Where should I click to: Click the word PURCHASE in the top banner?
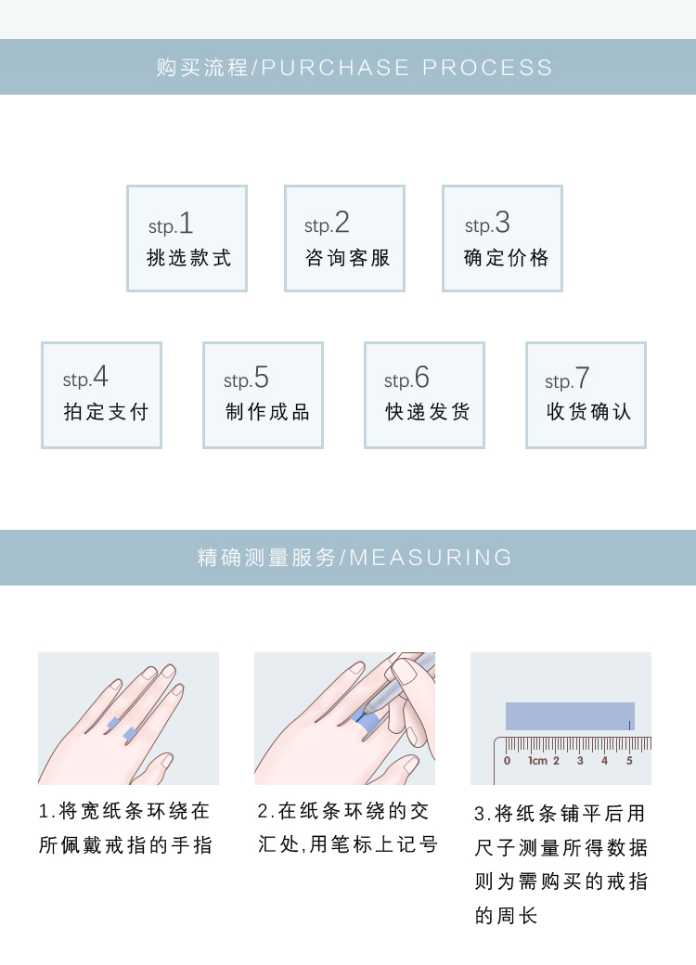pos(335,68)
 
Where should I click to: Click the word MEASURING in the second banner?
pos(431,558)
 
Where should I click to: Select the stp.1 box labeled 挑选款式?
pos(187,238)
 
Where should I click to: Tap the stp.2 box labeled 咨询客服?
pos(344,238)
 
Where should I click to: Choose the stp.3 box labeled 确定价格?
pos(502,238)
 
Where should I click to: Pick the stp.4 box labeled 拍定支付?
pos(101,395)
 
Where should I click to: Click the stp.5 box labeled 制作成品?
pos(263,395)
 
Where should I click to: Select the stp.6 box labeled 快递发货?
pos(425,395)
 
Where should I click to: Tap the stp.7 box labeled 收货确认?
pos(586,395)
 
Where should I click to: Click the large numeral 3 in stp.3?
pos(503,222)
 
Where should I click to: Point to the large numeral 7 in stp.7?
pos(582,378)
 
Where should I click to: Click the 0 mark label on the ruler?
pos(507,761)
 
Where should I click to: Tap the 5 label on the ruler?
pos(629,761)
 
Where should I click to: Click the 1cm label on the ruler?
pos(537,761)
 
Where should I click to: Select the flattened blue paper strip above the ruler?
pos(570,716)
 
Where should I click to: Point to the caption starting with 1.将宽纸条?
pos(125,828)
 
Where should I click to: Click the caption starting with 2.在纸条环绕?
pos(348,827)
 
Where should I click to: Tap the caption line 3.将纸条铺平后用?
pos(560,814)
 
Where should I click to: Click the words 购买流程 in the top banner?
pos(202,68)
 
